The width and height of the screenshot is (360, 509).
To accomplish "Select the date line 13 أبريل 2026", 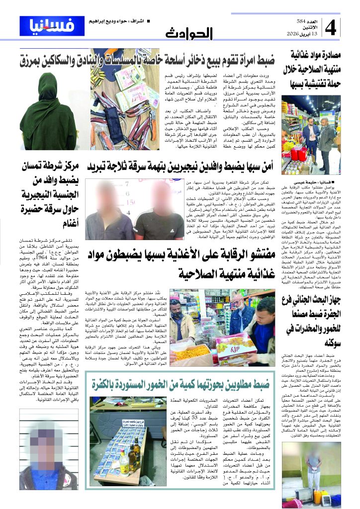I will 303,33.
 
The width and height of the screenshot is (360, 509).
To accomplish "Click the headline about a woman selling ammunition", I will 149,62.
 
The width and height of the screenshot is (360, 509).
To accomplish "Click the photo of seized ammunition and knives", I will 118,112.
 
